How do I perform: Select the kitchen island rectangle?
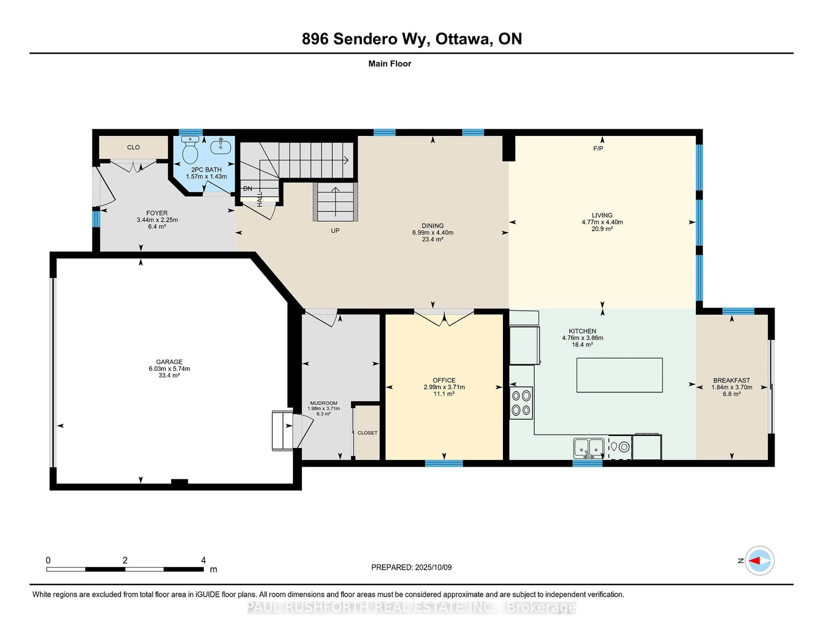pyautogui.click(x=620, y=375)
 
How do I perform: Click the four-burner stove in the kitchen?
pyautogui.click(x=521, y=403)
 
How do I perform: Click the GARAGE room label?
pyautogui.click(x=169, y=362)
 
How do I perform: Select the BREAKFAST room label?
pyautogui.click(x=731, y=380)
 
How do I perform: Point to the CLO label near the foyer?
pyautogui.click(x=133, y=147)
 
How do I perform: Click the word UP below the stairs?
pyautogui.click(x=335, y=231)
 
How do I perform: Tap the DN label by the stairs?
pyautogui.click(x=248, y=188)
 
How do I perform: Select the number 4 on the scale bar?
pyautogui.click(x=203, y=560)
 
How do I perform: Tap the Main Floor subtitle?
pyautogui.click(x=390, y=64)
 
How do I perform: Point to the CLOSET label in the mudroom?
pyautogui.click(x=367, y=433)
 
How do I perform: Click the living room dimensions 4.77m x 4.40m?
pyautogui.click(x=602, y=222)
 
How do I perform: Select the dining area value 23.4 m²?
pyautogui.click(x=433, y=239)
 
